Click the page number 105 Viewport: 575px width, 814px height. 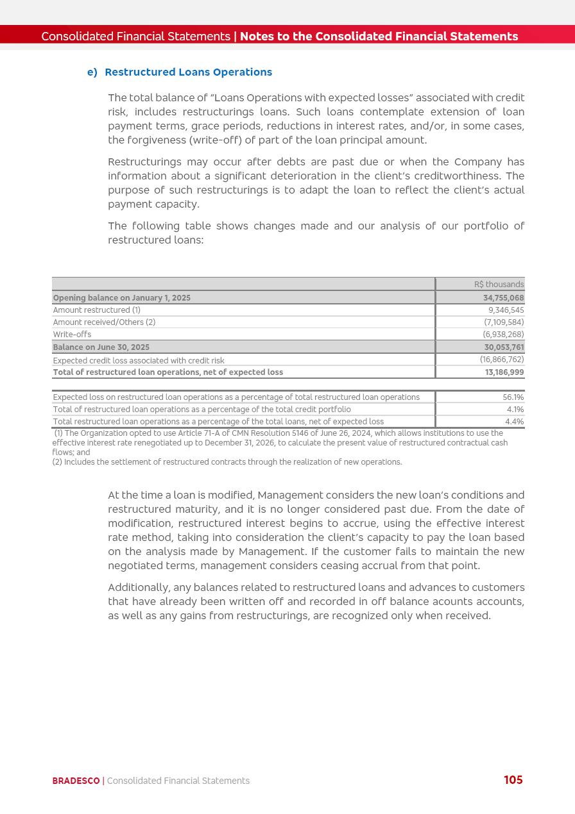tap(513, 780)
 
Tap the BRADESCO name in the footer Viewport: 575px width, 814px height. tap(76, 781)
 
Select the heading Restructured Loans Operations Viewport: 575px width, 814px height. tap(188, 72)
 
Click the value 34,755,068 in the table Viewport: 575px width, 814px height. tap(503, 298)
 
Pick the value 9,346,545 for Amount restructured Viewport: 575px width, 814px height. tap(506, 310)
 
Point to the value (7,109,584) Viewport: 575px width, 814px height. tap(504, 322)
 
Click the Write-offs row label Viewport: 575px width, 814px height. tap(72, 335)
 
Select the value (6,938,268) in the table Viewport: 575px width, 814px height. tap(503, 335)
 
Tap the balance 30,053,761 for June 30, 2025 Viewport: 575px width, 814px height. tap(504, 347)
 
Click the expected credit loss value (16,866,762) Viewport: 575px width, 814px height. tap(502, 360)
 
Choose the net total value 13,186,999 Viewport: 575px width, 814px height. tap(504, 372)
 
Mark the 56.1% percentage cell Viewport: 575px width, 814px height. tap(513, 397)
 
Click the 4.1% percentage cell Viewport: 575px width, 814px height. tap(515, 410)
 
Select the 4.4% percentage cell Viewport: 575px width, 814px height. tap(515, 422)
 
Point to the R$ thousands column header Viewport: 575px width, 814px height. tap(499, 285)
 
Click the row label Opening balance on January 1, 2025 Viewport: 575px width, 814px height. tap(122, 298)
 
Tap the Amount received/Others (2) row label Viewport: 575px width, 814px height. tap(104, 322)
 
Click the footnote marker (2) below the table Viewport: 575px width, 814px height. tap(57, 462)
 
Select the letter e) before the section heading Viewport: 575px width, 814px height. tap(92, 72)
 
